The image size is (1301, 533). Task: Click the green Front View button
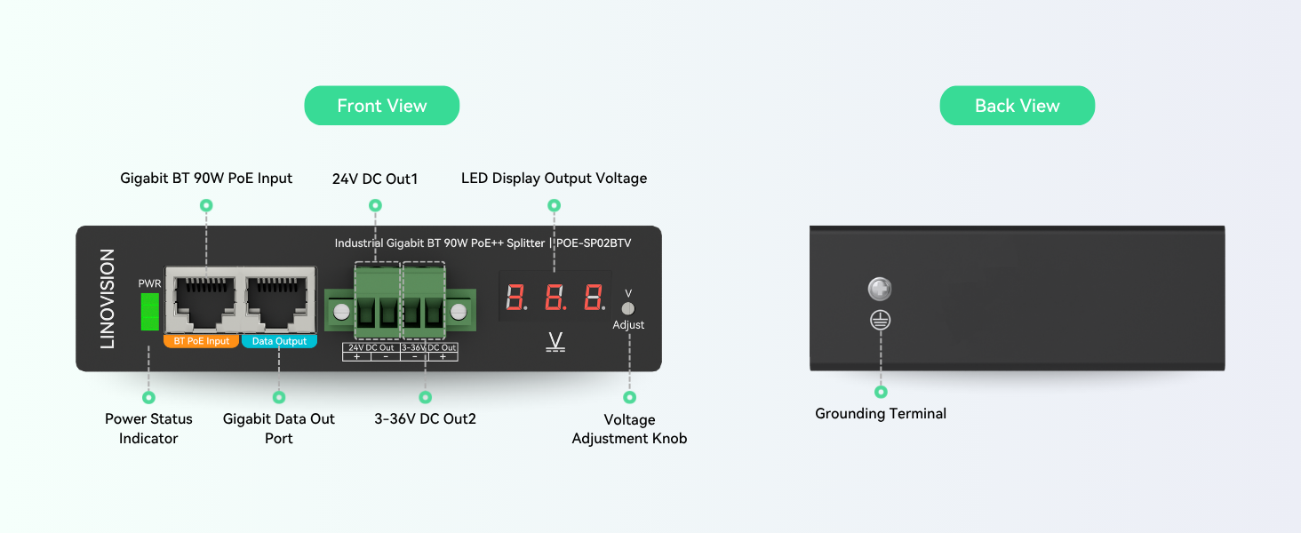(381, 106)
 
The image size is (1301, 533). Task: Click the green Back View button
(1017, 106)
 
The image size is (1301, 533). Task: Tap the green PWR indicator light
(150, 311)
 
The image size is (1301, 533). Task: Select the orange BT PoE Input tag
(201, 341)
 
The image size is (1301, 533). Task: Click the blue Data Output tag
(279, 341)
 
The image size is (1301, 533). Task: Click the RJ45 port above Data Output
(279, 300)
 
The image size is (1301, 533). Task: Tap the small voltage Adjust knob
(628, 308)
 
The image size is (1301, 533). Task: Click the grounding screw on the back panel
(880, 289)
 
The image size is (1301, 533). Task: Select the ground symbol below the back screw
(881, 320)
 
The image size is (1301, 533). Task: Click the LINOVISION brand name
(108, 299)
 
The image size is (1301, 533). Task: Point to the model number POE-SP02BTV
(595, 243)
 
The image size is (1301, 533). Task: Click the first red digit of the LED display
(515, 297)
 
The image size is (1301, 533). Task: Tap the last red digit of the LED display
(595, 297)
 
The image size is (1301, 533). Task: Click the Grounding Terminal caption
(881, 413)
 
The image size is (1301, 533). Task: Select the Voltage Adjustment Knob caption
(629, 429)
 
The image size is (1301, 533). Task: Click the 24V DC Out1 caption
(375, 179)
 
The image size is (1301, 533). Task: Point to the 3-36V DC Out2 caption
(425, 418)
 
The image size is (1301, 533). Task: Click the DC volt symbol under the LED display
(555, 342)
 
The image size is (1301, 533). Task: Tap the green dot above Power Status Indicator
(148, 397)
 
